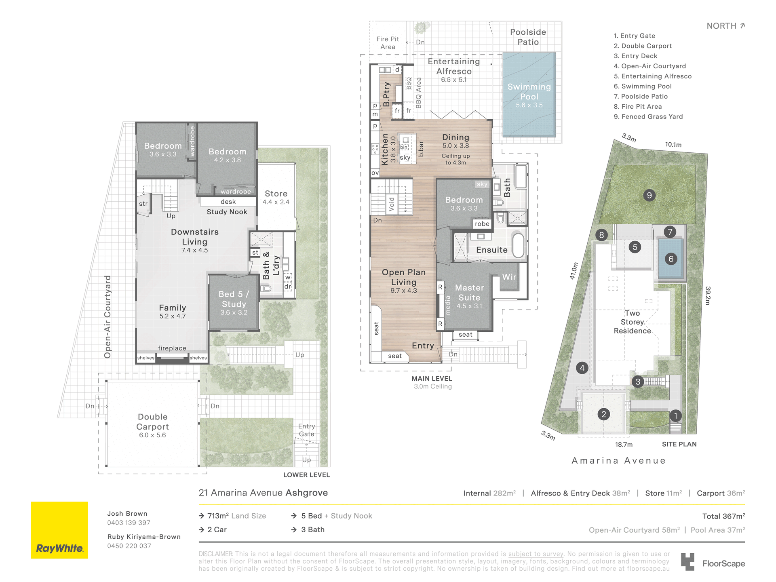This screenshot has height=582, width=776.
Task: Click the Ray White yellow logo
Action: tap(59, 530)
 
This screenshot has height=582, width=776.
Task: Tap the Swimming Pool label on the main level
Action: tap(529, 92)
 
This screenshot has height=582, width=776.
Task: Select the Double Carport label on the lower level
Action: tap(152, 422)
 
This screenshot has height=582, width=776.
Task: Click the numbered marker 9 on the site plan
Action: tap(649, 195)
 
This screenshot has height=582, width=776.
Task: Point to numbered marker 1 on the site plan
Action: tap(675, 415)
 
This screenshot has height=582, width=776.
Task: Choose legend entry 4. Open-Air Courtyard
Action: tap(649, 66)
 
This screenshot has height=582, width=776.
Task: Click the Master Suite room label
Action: tap(469, 293)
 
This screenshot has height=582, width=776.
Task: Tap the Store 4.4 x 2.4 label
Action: tap(276, 197)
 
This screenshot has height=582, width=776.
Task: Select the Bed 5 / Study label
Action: tap(234, 299)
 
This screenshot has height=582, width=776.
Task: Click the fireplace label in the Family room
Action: tap(172, 348)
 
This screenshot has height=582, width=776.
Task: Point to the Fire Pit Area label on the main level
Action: tap(388, 43)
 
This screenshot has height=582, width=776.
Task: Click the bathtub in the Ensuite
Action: tap(518, 245)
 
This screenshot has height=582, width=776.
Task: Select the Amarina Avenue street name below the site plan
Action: tap(618, 460)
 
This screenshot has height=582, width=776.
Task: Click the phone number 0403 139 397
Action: tap(129, 523)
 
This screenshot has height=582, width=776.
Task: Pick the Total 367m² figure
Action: tap(723, 516)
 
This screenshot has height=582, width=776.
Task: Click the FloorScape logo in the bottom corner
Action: tap(713, 562)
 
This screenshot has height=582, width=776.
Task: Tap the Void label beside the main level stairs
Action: tap(391, 204)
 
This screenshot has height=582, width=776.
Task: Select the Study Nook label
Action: tap(227, 212)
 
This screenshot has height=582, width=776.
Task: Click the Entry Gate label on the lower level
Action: tap(306, 430)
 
